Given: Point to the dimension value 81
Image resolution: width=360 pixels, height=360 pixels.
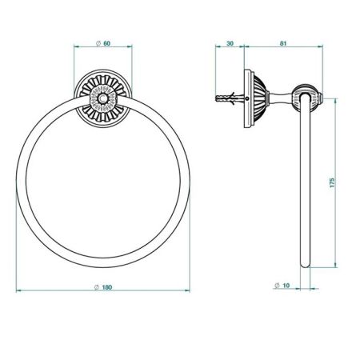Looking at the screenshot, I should tap(282, 44).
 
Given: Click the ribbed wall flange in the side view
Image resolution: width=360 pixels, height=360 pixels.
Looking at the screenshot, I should tap(255, 98).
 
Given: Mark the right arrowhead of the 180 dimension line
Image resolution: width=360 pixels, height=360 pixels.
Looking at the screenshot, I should tap(190, 295).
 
